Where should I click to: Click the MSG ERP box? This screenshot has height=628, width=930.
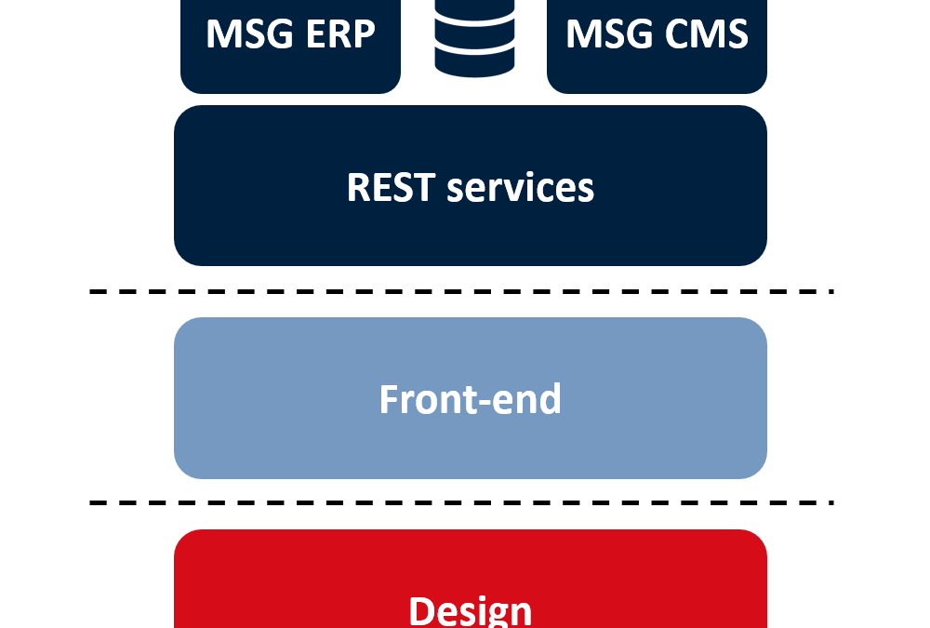tap(290, 47)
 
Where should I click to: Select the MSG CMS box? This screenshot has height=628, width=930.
tap(657, 47)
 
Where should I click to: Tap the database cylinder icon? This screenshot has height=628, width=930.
tap(474, 38)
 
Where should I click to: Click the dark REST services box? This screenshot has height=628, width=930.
tap(471, 186)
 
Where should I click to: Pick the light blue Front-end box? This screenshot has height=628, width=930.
tap(471, 398)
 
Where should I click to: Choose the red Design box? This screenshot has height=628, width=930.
tap(471, 579)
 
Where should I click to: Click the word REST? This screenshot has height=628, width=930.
tap(391, 187)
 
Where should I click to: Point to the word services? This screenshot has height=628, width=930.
tap(520, 188)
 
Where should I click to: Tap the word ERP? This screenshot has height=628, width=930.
tap(340, 33)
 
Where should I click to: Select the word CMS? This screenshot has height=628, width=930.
tap(707, 33)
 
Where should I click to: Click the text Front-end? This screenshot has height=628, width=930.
tap(471, 399)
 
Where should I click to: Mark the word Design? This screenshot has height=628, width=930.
tap(471, 610)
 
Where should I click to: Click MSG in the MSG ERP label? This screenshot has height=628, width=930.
tap(249, 33)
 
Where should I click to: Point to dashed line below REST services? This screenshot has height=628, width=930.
tap(462, 291)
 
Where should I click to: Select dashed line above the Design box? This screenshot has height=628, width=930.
tap(462, 502)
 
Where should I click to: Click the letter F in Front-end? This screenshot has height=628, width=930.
tap(389, 399)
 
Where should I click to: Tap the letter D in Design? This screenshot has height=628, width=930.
tap(421, 610)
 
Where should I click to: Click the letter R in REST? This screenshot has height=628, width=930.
tap(358, 188)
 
